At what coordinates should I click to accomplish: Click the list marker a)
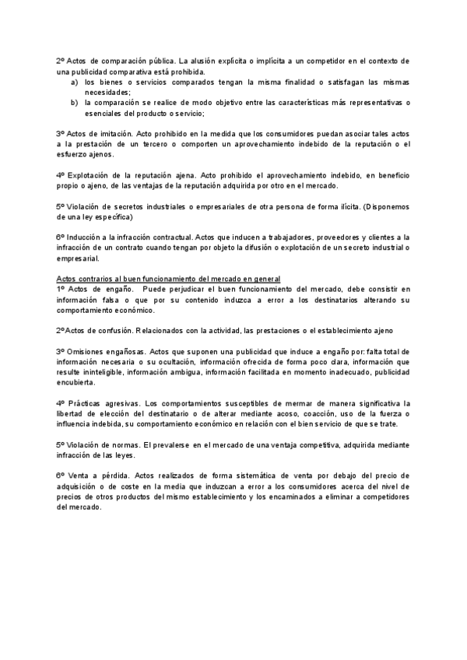coord(74,82)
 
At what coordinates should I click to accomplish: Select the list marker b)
coord(74,102)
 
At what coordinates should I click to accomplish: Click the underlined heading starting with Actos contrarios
coord(168,279)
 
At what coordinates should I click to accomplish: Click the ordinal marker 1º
coord(61,290)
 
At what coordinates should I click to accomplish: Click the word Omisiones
coord(87,352)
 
